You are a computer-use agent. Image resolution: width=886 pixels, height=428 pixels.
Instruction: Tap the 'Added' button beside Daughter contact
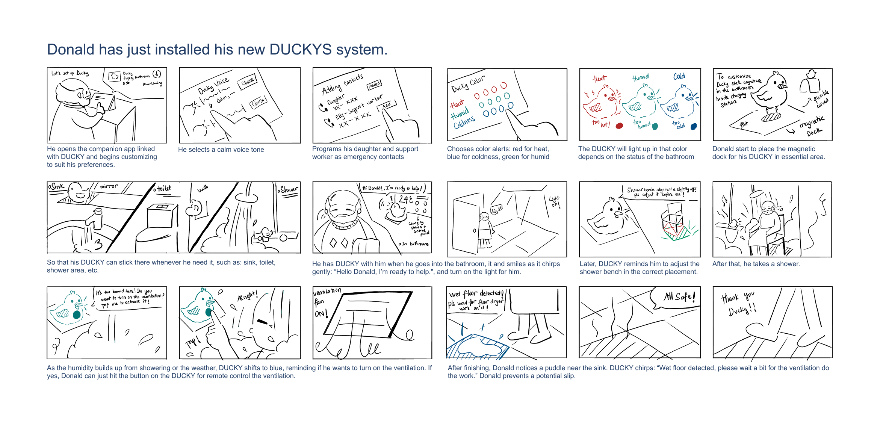(x=374, y=85)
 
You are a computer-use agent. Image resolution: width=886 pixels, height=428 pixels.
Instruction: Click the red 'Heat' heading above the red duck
(x=600, y=78)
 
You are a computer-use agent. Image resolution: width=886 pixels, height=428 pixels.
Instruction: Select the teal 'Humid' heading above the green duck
(x=640, y=77)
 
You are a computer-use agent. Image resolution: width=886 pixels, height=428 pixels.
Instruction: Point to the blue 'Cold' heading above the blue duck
(x=679, y=76)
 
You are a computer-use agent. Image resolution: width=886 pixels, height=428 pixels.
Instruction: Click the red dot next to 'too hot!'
(x=619, y=126)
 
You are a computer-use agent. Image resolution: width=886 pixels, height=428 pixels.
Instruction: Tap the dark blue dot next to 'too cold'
(x=694, y=126)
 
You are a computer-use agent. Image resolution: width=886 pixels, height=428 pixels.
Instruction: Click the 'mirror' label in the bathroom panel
(x=109, y=186)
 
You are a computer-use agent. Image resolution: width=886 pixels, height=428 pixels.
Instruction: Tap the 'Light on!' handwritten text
(x=555, y=201)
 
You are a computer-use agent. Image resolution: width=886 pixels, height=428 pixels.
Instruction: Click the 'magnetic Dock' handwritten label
(x=812, y=126)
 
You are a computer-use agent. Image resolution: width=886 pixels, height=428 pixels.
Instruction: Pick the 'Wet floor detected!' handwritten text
(x=476, y=293)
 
